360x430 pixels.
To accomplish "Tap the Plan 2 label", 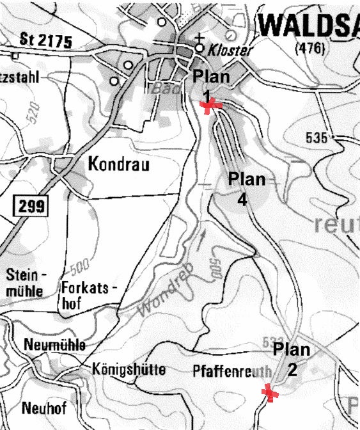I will click(292, 359).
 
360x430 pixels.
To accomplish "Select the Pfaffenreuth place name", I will click(232, 372).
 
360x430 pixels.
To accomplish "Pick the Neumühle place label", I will click(55, 346).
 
